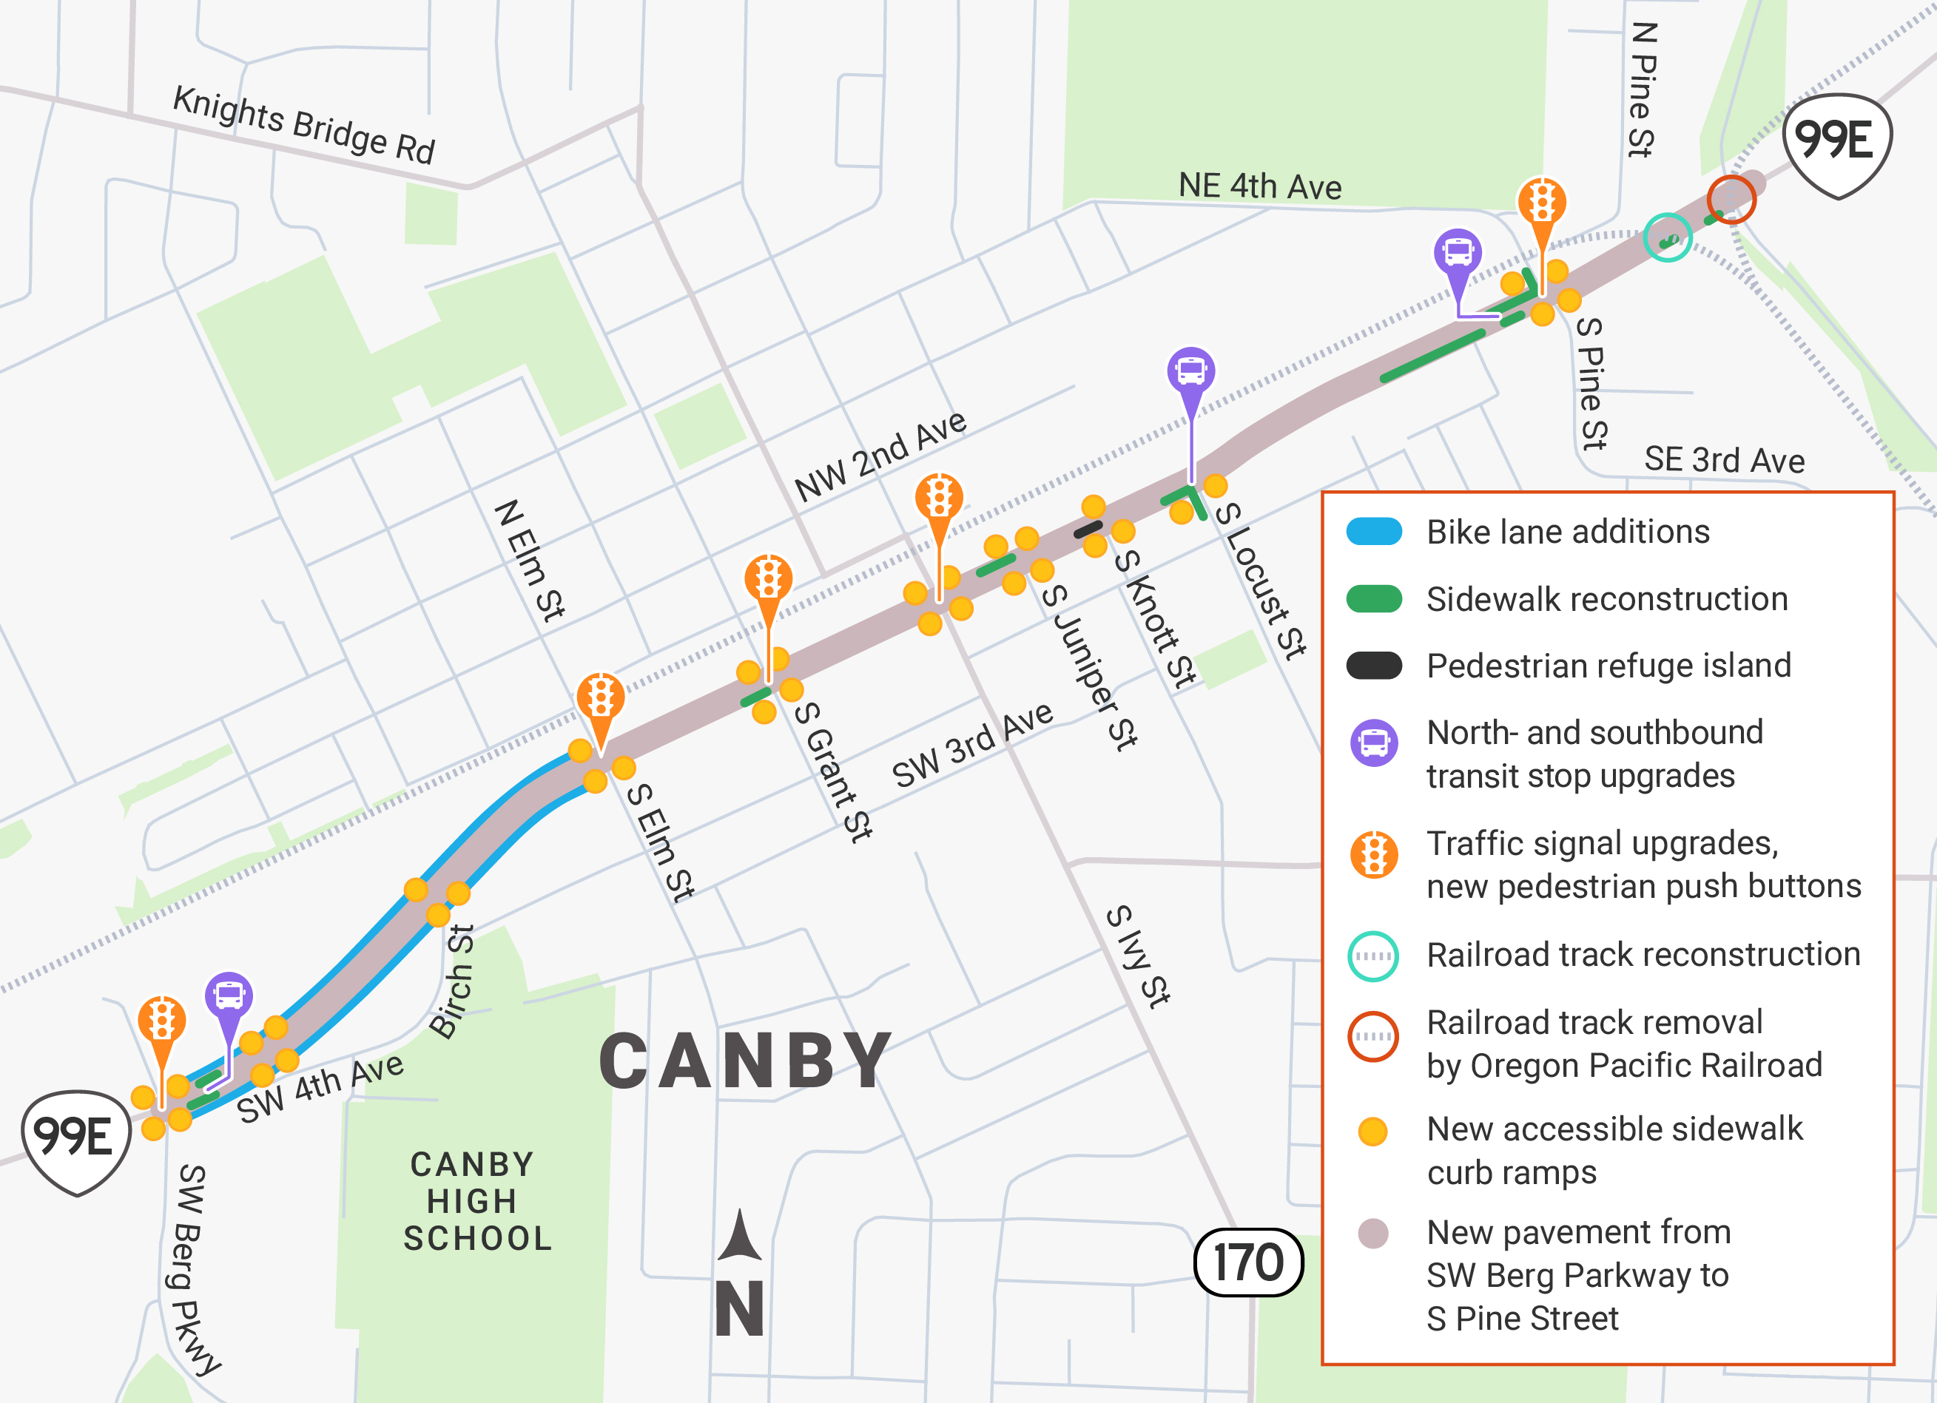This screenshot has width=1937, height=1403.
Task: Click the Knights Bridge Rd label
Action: [304, 125]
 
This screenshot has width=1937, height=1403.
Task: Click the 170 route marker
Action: [1247, 1262]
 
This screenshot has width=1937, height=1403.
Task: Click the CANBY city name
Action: [746, 1061]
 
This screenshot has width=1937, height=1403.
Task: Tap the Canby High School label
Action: [476, 1200]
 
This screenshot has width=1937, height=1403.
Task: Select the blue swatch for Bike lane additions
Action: [1373, 532]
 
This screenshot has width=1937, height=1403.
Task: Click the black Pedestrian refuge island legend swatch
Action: [1373, 665]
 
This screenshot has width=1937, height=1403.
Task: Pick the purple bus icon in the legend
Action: [1373, 742]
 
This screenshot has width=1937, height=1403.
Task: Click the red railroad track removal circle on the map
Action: [1731, 200]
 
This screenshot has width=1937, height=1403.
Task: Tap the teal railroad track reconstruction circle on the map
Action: [1667, 237]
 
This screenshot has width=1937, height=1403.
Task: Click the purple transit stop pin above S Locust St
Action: [1190, 372]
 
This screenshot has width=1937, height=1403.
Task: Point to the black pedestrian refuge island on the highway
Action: [1088, 530]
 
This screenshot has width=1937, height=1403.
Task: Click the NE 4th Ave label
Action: [1260, 186]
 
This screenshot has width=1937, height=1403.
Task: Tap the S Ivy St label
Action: [1138, 956]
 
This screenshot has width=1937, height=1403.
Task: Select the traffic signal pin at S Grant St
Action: [768, 581]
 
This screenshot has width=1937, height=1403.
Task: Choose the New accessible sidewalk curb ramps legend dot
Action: [1372, 1132]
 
